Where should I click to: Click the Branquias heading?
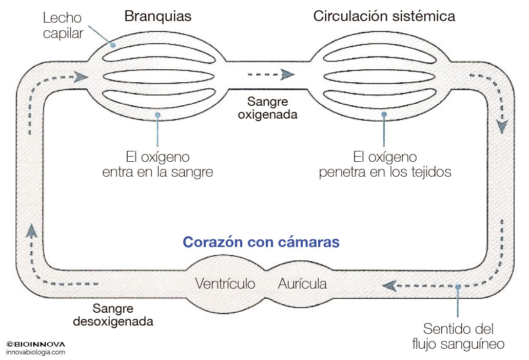[158, 16]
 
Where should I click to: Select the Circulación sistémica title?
[384, 16]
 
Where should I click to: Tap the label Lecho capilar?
[63, 26]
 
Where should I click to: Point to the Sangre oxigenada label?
[267, 107]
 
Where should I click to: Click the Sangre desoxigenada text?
[113, 315]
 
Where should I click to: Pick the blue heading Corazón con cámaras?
[261, 242]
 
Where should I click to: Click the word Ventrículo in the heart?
[225, 283]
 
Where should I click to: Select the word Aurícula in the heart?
[302, 283]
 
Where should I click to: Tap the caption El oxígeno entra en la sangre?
[158, 164]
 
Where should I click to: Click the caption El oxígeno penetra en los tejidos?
[385, 164]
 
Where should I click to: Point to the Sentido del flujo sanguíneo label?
[458, 336]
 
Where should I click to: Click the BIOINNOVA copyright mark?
[35, 344]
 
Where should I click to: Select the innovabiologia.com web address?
[35, 352]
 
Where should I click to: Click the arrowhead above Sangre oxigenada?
[287, 75]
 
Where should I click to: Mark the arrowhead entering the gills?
[80, 77]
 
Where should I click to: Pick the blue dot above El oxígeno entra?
[158, 115]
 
